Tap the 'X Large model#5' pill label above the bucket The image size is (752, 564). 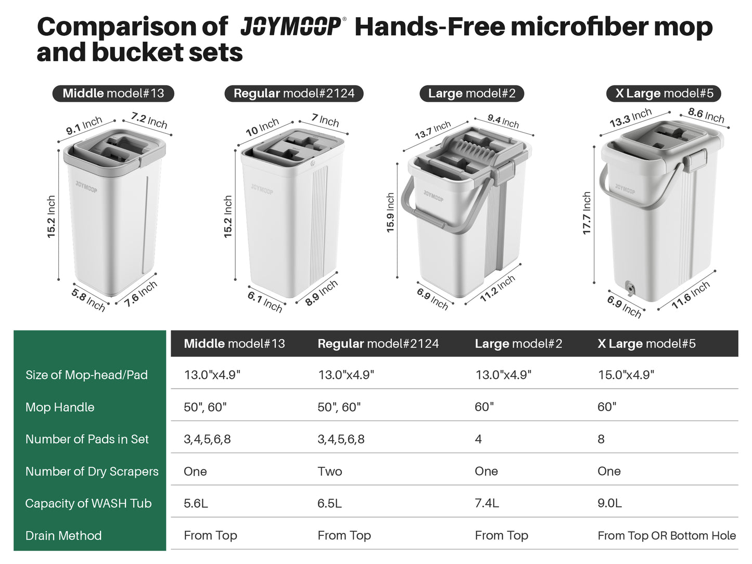click(x=664, y=94)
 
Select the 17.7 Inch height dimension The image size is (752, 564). click(x=587, y=213)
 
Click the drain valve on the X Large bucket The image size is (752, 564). click(x=629, y=288)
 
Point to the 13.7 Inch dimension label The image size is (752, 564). click(x=432, y=130)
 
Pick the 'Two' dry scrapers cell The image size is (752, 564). click(x=329, y=471)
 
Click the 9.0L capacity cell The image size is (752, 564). click(x=609, y=504)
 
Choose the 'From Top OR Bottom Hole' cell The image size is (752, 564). click(x=667, y=535)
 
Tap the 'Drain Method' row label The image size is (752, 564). click(x=63, y=535)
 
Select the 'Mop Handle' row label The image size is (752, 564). click(x=60, y=407)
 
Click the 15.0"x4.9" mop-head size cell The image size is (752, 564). click(x=626, y=375)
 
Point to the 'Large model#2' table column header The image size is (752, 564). click(x=518, y=344)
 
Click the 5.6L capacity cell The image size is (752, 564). click(x=196, y=504)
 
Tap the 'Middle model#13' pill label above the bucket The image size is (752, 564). click(x=113, y=94)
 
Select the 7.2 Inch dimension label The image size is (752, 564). click(x=149, y=120)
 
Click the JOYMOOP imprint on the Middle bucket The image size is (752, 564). click(x=86, y=187)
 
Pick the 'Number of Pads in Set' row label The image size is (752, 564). click(x=87, y=439)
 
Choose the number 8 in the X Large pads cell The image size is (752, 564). click(x=601, y=439)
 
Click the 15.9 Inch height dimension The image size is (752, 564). click(x=390, y=213)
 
